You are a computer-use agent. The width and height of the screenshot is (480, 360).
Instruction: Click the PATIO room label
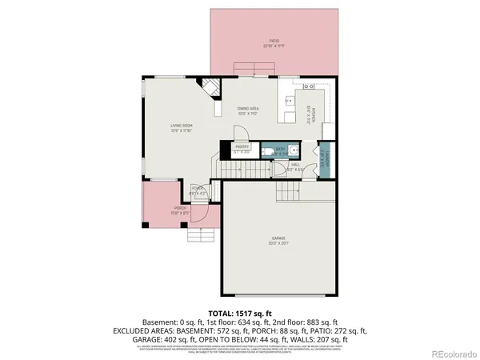(274, 41)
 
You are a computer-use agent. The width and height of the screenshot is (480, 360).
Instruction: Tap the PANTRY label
(242, 148)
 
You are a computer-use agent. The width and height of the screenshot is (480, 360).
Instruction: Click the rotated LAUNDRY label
(321, 157)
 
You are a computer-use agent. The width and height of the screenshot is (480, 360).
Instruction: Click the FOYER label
(197, 191)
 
